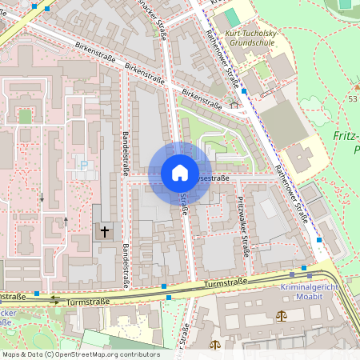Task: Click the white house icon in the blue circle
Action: pyautogui.click(x=179, y=173)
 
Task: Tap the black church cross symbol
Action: pyautogui.click(x=104, y=231)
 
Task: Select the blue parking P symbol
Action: pyautogui.click(x=83, y=166)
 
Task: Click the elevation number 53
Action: pyautogui.click(x=353, y=98)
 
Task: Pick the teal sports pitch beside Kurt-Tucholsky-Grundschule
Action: pyautogui.click(x=232, y=17)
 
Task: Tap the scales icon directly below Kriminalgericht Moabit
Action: pyautogui.click(x=282, y=315)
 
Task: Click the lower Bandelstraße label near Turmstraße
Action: pyautogui.click(x=126, y=266)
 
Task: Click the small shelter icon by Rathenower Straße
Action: pyautogui.click(x=234, y=103)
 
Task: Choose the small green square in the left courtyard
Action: pyautogui.click(x=26, y=116)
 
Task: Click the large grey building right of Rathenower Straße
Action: pyautogui.click(x=282, y=123)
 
